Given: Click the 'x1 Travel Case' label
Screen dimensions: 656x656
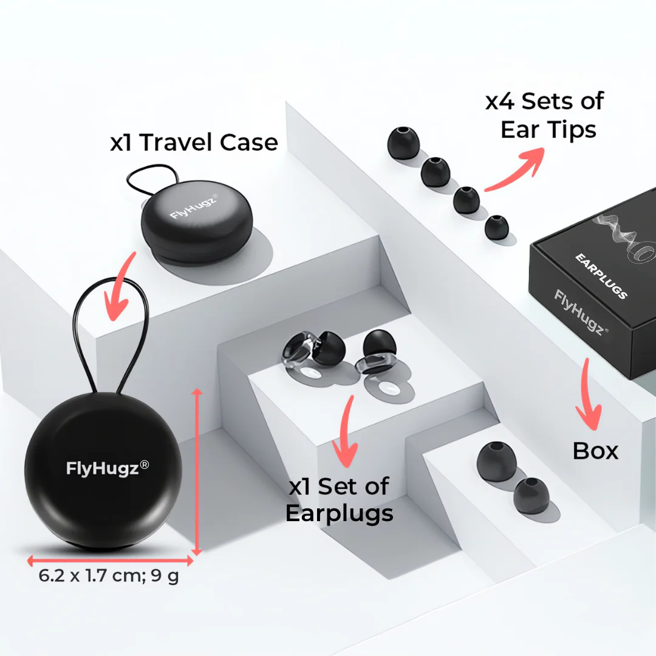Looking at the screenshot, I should (x=194, y=143).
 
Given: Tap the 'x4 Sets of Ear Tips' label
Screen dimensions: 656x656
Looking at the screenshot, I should (x=544, y=115).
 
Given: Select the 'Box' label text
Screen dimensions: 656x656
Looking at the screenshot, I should (x=595, y=451).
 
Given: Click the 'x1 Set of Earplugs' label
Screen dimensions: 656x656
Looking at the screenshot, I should (x=339, y=500).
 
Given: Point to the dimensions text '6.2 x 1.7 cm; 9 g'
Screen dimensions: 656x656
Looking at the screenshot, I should (x=109, y=575).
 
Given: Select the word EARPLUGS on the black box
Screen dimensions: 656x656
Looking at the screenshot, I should (x=601, y=276).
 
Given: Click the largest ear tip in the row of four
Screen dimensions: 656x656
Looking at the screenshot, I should (x=403, y=144).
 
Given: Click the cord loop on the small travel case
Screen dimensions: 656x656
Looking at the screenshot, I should (x=153, y=177).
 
